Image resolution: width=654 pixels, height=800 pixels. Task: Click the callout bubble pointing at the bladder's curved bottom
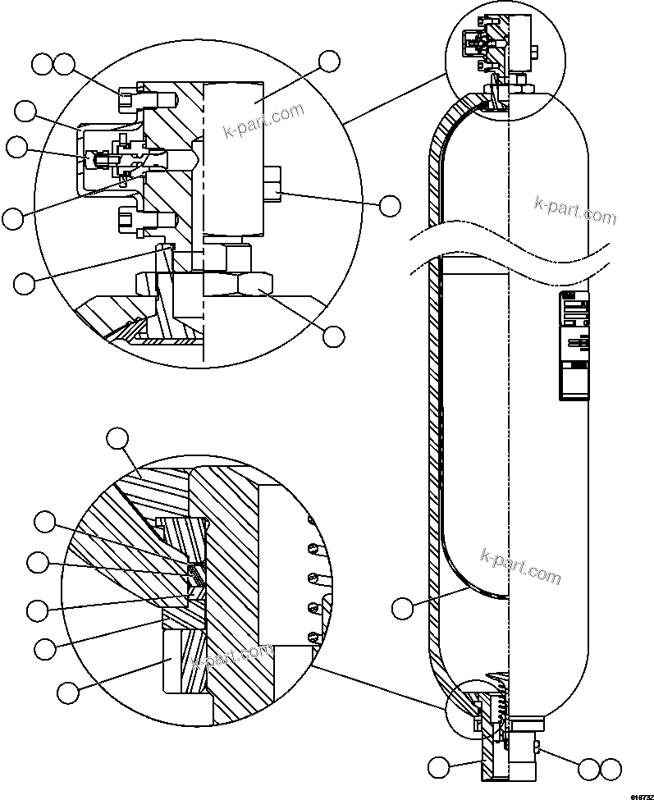[402, 608]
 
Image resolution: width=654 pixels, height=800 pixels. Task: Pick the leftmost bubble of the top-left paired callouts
[42, 63]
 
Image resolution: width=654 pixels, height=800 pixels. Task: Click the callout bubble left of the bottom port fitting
[439, 768]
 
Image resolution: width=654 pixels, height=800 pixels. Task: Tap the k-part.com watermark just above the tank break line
[574, 209]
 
